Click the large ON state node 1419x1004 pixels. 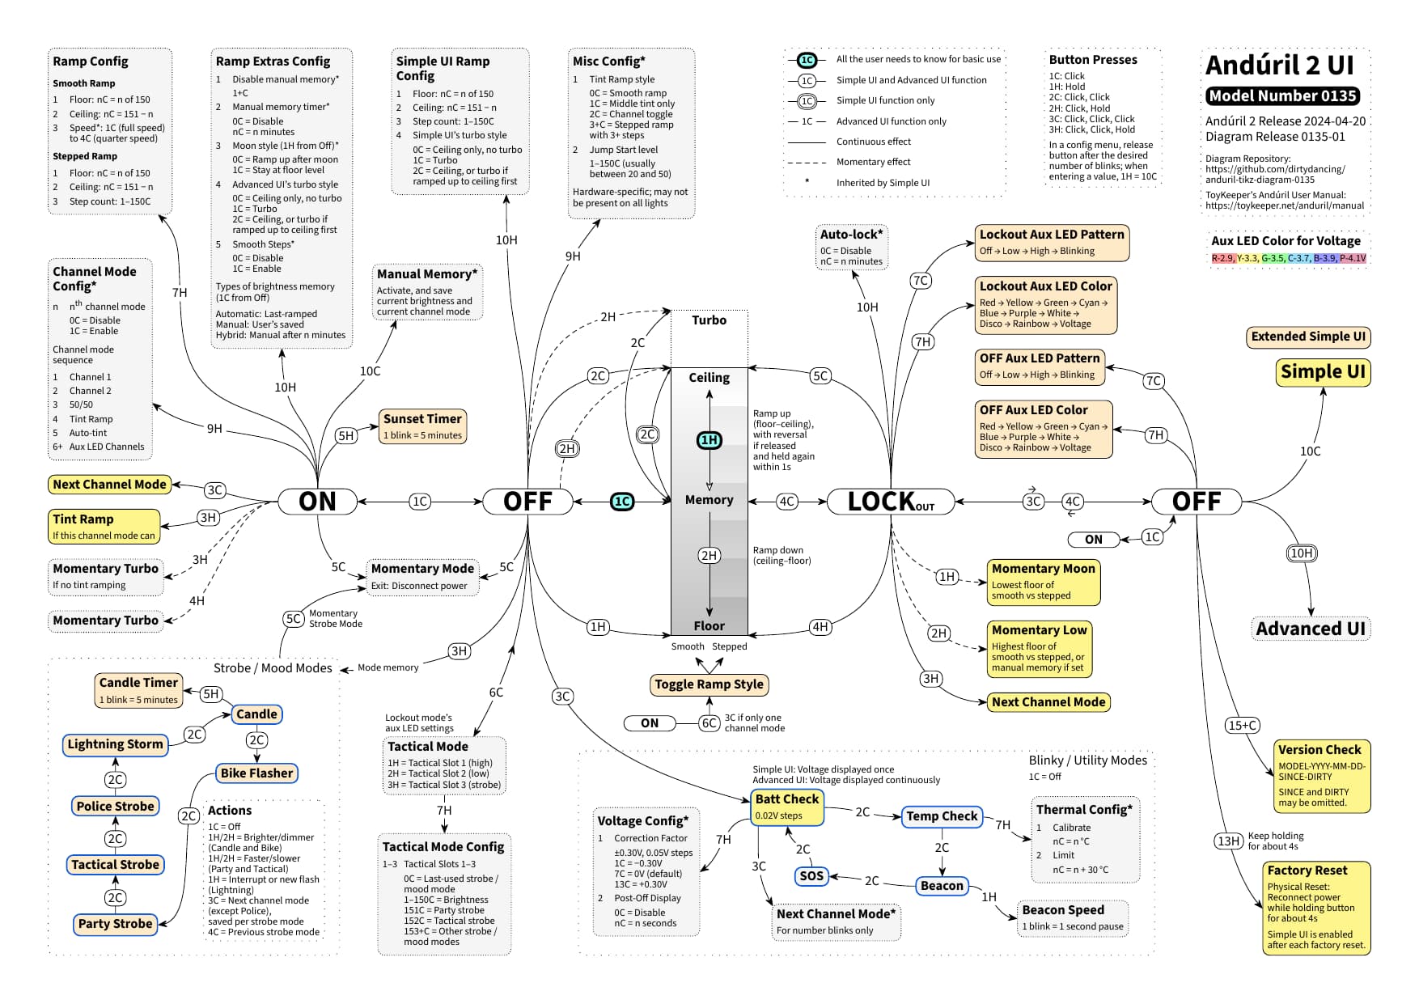(x=317, y=502)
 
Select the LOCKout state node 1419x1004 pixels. (x=891, y=502)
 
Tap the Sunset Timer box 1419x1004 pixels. (x=422, y=426)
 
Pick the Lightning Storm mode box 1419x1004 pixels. (x=115, y=744)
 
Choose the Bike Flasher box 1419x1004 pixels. (x=256, y=773)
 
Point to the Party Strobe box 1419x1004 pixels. (x=115, y=924)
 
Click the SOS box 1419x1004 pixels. (x=811, y=876)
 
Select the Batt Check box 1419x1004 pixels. (x=787, y=807)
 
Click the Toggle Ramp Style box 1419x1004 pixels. (x=709, y=684)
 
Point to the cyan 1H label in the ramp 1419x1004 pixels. (x=709, y=440)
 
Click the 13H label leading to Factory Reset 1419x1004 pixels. (x=1228, y=841)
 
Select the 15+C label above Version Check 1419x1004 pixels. (x=1243, y=726)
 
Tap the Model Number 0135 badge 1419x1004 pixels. (x=1283, y=96)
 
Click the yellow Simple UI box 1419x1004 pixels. (x=1323, y=372)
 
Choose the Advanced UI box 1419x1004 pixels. (x=1311, y=629)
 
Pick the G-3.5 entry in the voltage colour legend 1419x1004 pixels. (x=1273, y=259)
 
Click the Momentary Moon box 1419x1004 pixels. (x=1044, y=582)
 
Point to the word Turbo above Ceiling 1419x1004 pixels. (x=709, y=320)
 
